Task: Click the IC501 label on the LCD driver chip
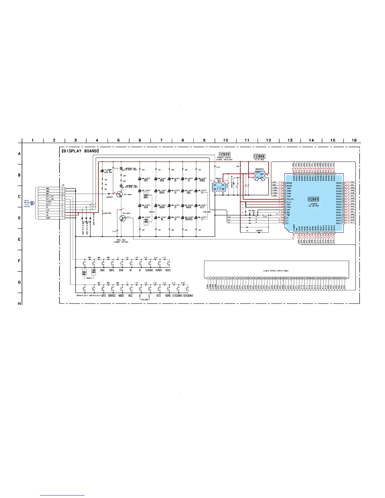pos(313,199)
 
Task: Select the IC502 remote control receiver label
pos(225,154)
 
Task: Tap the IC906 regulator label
pos(259,156)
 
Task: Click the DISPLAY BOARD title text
pos(80,151)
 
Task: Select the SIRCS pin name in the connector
pos(48,202)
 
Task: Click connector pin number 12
pos(62,188)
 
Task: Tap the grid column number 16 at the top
pos(354,140)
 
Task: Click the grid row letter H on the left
pos(20,303)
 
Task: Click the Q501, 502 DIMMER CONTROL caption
pos(121,241)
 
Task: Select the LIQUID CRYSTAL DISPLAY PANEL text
pos(276,271)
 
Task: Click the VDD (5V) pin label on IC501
pos(290,199)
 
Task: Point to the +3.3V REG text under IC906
pos(259,160)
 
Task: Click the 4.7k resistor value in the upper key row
pos(165,257)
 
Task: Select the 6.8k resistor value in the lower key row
pos(183,283)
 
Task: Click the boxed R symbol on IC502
pos(219,181)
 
